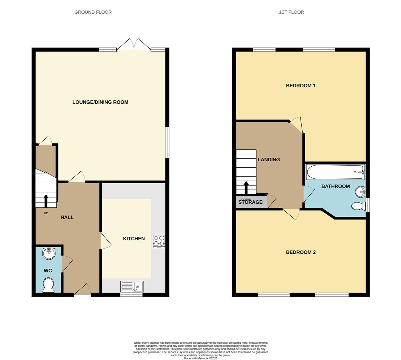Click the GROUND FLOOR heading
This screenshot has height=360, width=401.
pyautogui.click(x=93, y=12)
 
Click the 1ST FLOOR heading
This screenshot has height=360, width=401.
pyautogui.click(x=291, y=12)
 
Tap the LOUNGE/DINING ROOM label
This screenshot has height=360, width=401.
pyautogui.click(x=100, y=102)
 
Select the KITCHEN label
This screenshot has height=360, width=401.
pyautogui.click(x=134, y=239)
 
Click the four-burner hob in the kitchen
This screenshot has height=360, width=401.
pyautogui.click(x=159, y=241)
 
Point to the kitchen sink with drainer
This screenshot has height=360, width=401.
pyautogui.click(x=132, y=287)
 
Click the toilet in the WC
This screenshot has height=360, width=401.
pyautogui.click(x=49, y=285)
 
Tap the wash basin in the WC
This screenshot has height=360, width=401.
pyautogui.click(x=49, y=253)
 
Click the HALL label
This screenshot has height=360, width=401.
pyautogui.click(x=67, y=217)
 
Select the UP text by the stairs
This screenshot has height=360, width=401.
pyautogui.click(x=46, y=213)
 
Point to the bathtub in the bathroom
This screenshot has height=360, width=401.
pyautogui.click(x=335, y=172)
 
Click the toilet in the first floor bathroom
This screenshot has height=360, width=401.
pyautogui.click(x=358, y=206)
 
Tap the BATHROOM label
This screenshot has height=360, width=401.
pyautogui.click(x=335, y=186)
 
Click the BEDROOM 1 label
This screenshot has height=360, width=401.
pyautogui.click(x=301, y=86)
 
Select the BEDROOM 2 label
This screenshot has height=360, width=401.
pyautogui.click(x=301, y=252)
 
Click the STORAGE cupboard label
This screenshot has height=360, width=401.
pyautogui.click(x=250, y=202)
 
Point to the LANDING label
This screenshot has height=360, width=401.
pyautogui.click(x=269, y=160)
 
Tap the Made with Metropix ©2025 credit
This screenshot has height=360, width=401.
pyautogui.click(x=200, y=358)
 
